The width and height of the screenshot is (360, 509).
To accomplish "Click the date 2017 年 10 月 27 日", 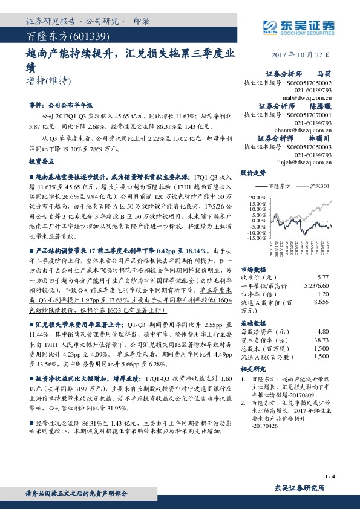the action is click(x=306, y=53).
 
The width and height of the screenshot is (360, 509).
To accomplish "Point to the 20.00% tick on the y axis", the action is click(x=257, y=197).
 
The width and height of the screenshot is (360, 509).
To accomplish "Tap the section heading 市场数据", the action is click(x=254, y=268).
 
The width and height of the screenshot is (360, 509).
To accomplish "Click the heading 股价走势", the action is click(x=254, y=173).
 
